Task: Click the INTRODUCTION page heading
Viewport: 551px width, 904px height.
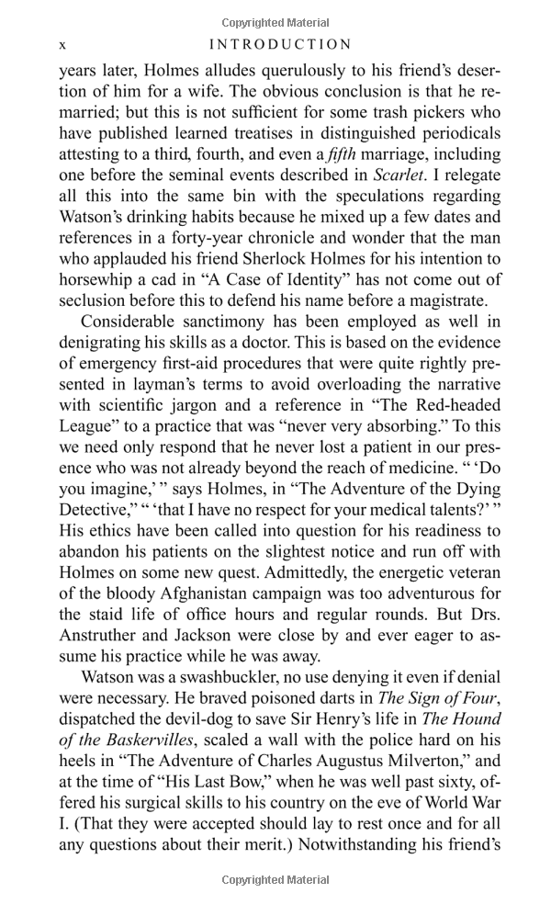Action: coord(280,44)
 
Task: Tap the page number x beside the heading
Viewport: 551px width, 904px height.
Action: coord(62,44)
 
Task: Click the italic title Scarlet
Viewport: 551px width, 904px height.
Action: coord(400,175)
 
